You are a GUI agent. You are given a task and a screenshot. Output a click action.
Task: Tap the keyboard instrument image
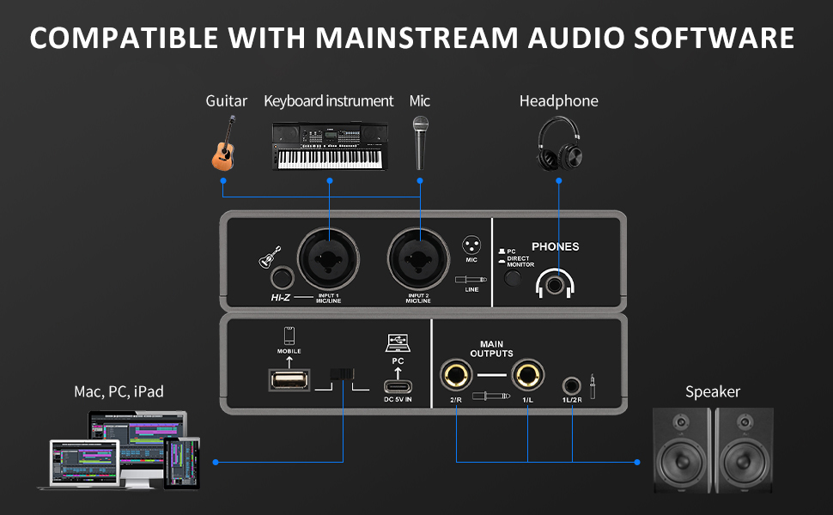[x=329, y=146]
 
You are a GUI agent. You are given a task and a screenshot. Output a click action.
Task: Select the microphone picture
[x=420, y=142]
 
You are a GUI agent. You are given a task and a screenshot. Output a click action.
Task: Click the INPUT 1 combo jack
[x=329, y=257]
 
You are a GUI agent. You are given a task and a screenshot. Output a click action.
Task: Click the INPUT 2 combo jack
[x=418, y=257]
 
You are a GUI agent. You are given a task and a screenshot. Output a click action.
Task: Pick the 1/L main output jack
[x=527, y=375]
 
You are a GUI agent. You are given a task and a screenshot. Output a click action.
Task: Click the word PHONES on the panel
[x=555, y=246]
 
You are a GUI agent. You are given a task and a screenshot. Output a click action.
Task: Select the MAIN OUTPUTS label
[x=492, y=348]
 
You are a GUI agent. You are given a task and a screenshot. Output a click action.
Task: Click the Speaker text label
[x=712, y=392]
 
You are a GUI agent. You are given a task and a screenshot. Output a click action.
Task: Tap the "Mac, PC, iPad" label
[x=119, y=391]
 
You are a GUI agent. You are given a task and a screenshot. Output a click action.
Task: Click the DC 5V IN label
[x=398, y=400]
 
